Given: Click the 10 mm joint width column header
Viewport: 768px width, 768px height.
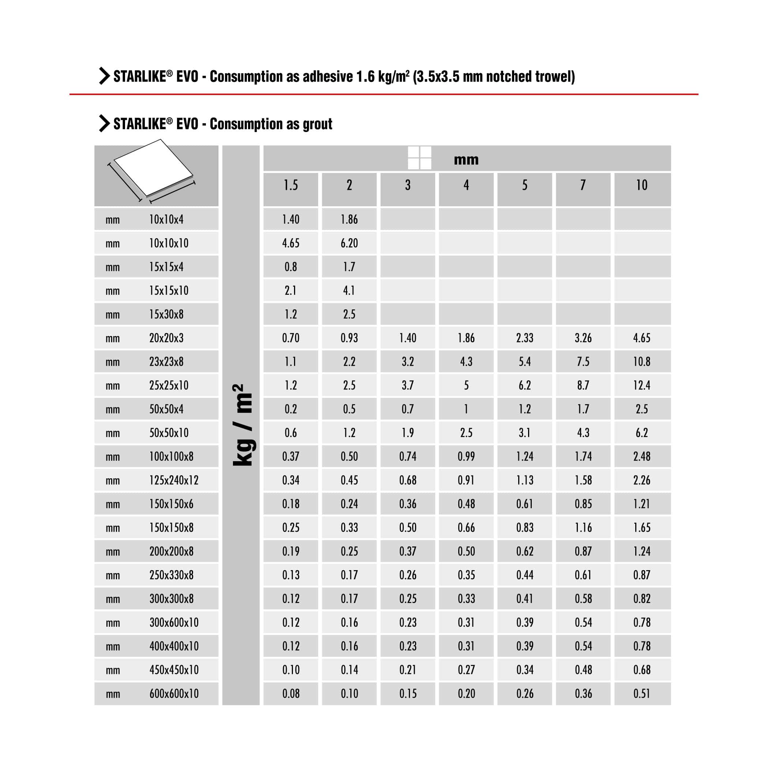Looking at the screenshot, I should (641, 185).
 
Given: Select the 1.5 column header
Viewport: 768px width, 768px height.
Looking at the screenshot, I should (291, 185).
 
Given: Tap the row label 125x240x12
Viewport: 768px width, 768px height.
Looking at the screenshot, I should (174, 480).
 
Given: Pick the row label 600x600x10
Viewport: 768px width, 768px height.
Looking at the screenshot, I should (174, 694).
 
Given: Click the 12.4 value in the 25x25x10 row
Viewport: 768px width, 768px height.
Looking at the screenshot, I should (641, 385).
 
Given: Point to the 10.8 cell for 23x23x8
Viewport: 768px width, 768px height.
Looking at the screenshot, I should (641, 362).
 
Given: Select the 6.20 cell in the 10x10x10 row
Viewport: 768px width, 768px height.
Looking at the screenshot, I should (349, 243).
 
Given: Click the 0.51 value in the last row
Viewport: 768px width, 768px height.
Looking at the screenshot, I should (641, 694).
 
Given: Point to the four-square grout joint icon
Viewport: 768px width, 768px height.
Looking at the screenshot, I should (419, 158).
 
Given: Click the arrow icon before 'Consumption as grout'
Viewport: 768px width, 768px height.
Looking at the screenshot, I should (104, 124).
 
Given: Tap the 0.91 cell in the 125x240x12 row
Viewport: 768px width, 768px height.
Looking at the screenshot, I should (466, 480).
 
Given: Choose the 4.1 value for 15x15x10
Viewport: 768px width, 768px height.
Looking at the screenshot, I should (349, 291).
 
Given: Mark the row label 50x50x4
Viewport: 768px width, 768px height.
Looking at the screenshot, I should (166, 409).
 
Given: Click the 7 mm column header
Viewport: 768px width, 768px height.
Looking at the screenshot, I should (583, 185).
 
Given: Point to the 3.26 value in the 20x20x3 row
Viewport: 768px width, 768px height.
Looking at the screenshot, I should (583, 338).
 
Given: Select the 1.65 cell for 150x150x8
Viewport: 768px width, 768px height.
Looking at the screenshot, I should (641, 527).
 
